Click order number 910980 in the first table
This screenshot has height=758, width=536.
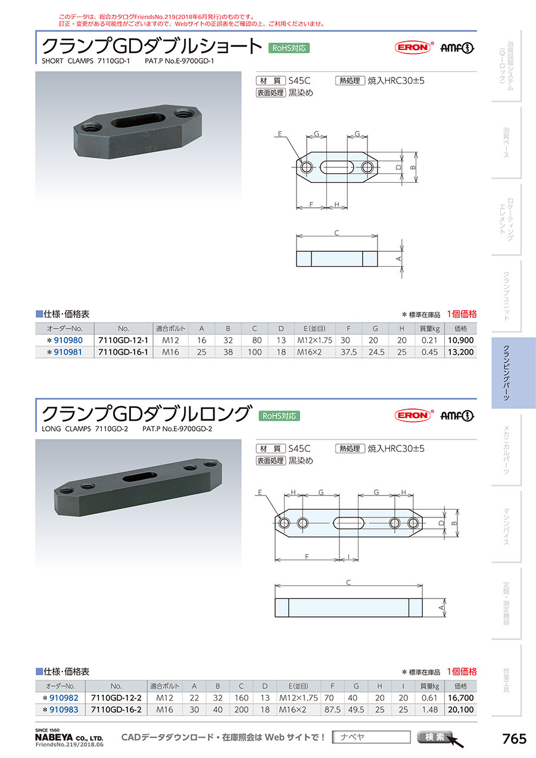68,340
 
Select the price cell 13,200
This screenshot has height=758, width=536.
460,352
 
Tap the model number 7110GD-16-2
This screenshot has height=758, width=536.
116,710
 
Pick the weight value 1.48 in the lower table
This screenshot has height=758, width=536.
430,710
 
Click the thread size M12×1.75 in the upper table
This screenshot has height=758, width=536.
314,340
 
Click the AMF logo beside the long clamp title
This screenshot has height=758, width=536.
457,416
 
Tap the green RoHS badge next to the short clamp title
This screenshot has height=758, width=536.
289,48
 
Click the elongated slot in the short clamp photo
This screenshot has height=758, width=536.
138,121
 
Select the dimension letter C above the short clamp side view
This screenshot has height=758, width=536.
336,233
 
